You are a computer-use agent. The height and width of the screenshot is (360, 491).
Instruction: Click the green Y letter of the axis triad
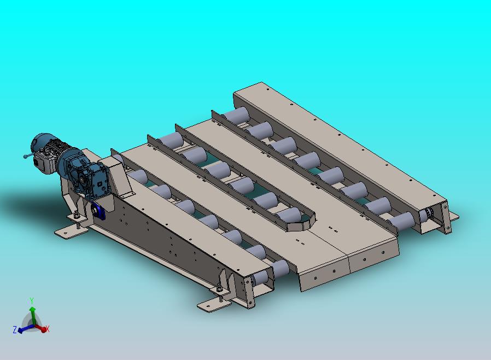coord(31,301)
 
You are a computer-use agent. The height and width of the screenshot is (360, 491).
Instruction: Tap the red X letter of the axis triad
coord(47,329)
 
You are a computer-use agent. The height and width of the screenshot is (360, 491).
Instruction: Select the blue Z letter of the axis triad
coord(15,329)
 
